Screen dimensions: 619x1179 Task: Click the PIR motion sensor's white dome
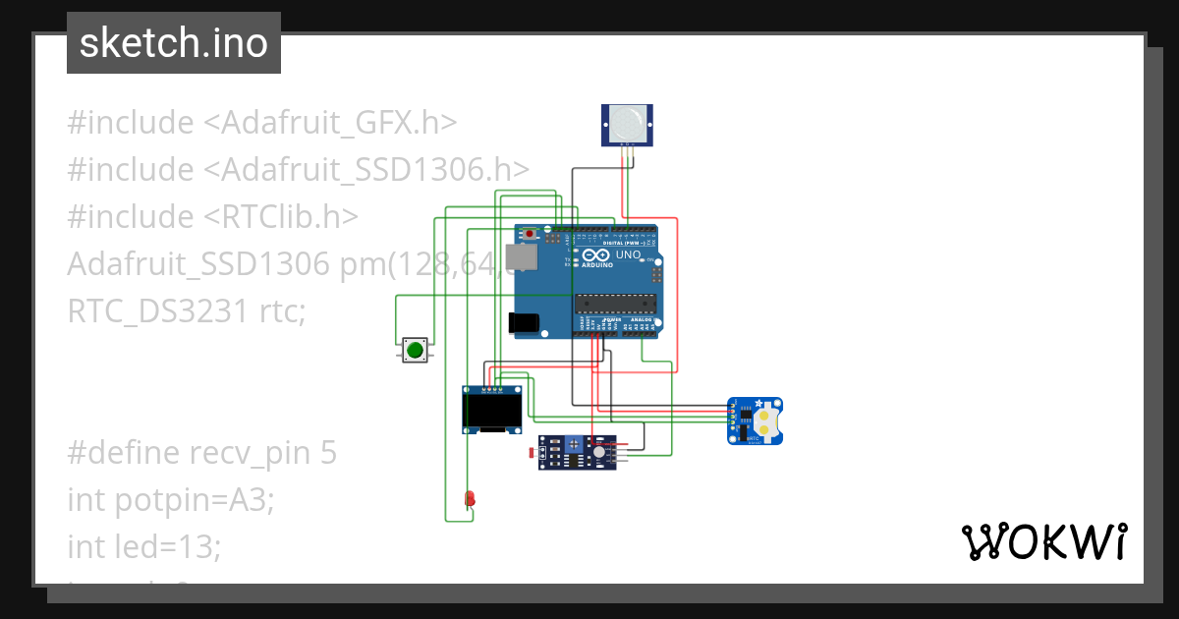click(626, 122)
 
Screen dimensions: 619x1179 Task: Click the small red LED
click(470, 498)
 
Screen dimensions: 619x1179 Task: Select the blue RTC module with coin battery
click(755, 421)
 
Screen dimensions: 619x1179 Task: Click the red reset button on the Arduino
click(532, 234)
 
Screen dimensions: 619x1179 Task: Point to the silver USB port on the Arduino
click(521, 256)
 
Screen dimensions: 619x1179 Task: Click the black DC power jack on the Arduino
click(525, 322)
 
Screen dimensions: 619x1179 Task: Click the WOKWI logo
click(1043, 541)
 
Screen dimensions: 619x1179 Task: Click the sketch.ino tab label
click(174, 43)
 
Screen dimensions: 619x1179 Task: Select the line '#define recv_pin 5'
click(201, 453)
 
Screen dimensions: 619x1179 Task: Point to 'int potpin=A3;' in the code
click(170, 500)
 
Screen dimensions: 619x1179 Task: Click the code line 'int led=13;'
click(143, 546)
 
